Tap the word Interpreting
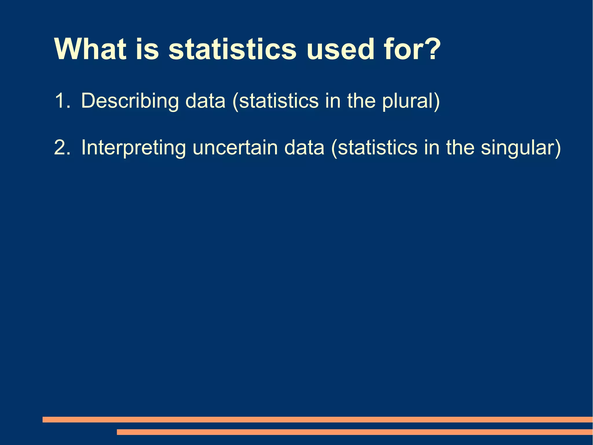tap(133, 148)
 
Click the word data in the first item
tap(205, 101)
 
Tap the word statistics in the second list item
tap(378, 148)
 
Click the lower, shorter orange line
tap(354, 432)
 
